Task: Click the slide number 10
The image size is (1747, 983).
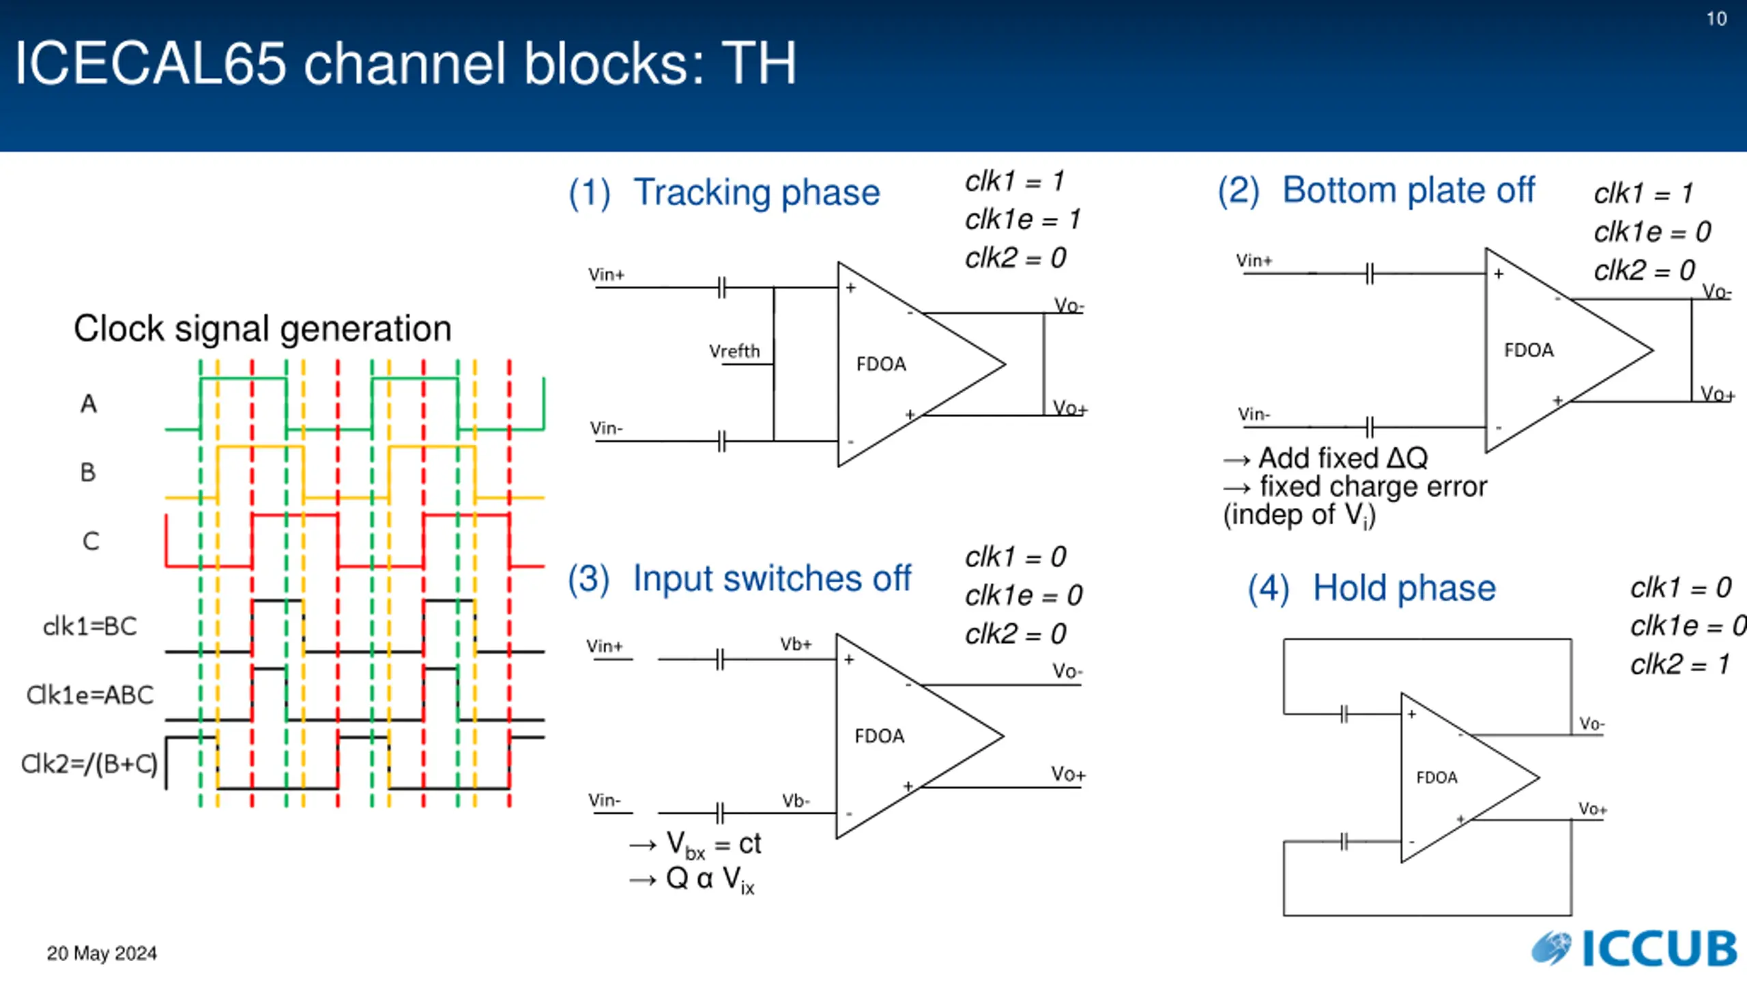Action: (x=1716, y=19)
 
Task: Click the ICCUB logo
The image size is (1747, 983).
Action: (x=1634, y=948)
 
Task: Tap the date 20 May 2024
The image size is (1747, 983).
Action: (x=102, y=953)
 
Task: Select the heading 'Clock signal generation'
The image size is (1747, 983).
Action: (x=263, y=329)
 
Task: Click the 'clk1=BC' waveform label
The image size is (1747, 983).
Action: (x=90, y=626)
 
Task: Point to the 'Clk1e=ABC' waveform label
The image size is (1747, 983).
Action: (x=90, y=695)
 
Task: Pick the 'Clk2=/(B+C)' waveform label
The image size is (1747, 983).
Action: (x=89, y=764)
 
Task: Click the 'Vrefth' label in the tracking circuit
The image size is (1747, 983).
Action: (x=734, y=351)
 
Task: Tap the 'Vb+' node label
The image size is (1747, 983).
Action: (x=796, y=644)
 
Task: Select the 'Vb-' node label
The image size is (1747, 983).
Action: (x=796, y=800)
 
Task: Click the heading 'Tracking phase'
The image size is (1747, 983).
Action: (x=757, y=193)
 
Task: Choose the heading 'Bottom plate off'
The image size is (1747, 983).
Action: (x=1409, y=190)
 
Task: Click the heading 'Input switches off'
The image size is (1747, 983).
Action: (x=772, y=579)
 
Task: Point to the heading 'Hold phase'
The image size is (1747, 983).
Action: (x=1404, y=588)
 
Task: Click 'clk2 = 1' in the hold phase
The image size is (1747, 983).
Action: (x=1680, y=664)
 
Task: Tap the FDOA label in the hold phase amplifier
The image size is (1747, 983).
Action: (x=1436, y=778)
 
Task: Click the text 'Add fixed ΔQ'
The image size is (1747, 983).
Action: (x=1342, y=458)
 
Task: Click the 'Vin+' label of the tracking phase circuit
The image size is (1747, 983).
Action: (x=606, y=274)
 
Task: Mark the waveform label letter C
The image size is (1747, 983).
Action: (x=91, y=541)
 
